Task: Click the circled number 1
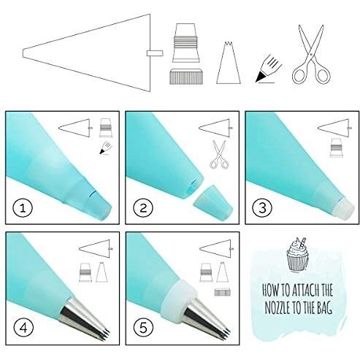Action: (23, 208)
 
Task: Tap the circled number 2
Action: (143, 208)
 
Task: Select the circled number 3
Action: (262, 208)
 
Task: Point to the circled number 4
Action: (23, 328)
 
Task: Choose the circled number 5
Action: (143, 328)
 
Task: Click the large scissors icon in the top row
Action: (311, 55)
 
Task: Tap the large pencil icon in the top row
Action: (269, 69)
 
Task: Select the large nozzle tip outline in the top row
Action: (229, 63)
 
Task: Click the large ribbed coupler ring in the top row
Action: (186, 77)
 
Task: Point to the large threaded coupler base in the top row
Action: (186, 43)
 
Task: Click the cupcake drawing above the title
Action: (297, 254)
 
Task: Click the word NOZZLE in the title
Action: (277, 308)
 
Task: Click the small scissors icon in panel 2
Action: (219, 155)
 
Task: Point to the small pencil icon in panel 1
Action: (106, 148)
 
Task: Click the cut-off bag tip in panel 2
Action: (212, 202)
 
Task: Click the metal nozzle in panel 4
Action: (84, 318)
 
